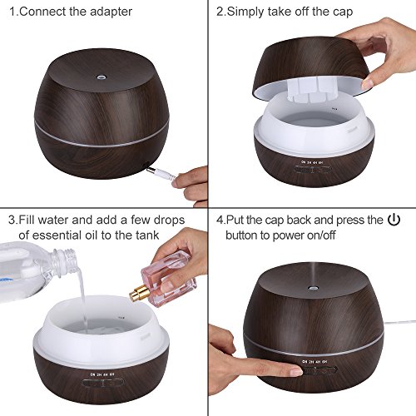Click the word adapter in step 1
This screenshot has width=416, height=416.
click(111, 12)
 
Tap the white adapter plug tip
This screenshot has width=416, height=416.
click(150, 169)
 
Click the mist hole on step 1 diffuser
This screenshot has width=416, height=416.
click(100, 76)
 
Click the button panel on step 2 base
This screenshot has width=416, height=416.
click(312, 169)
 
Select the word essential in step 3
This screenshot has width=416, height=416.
click(56, 235)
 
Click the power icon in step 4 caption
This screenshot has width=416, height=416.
click(394, 220)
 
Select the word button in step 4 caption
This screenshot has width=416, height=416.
click(241, 235)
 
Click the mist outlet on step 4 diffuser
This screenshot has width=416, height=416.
click(313, 289)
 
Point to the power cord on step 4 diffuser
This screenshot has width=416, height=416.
click(399, 323)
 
